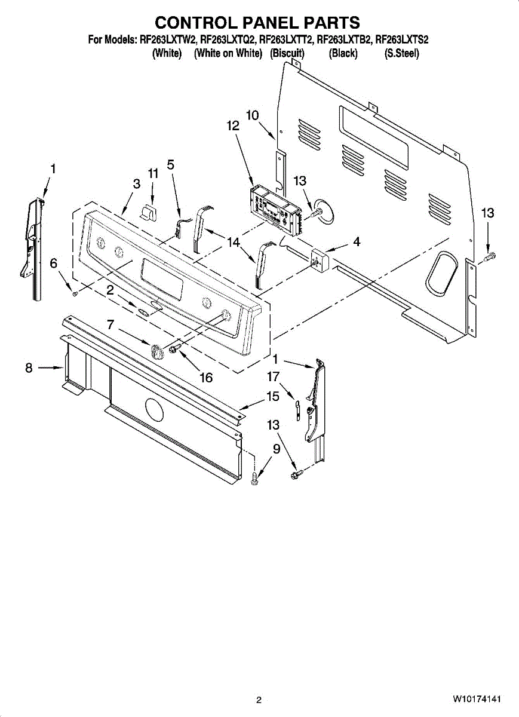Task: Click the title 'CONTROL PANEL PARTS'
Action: coord(257,23)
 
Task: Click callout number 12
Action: coord(233,126)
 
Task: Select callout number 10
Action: coord(253,115)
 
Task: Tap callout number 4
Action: coord(357,242)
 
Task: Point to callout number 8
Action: coord(29,369)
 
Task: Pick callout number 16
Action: coord(206,378)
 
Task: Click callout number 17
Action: coord(274,377)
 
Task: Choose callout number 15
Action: coord(273,396)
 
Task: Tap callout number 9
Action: coord(277,449)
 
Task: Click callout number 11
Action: coord(153,174)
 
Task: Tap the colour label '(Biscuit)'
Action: coord(287,54)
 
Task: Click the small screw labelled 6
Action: coord(73,293)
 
